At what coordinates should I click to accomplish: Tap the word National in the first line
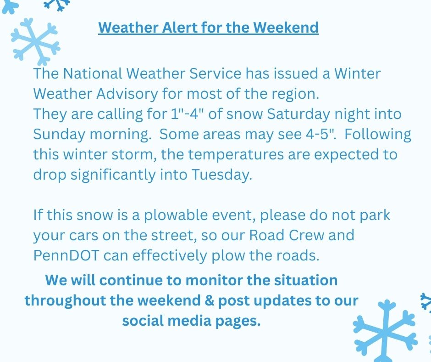click(x=93, y=74)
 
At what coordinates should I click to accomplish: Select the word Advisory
click(x=127, y=94)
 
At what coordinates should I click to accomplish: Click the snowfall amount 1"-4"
click(x=188, y=114)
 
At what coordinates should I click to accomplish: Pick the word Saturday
click(x=298, y=114)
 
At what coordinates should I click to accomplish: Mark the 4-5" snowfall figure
click(x=320, y=134)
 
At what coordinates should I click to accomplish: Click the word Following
click(x=378, y=135)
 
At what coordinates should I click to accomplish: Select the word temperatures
click(x=236, y=154)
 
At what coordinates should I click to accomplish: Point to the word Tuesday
click(x=221, y=175)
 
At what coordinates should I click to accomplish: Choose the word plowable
click(x=176, y=215)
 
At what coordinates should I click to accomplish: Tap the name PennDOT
click(x=66, y=256)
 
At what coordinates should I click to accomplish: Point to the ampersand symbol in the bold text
click(x=209, y=300)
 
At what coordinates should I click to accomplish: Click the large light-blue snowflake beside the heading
click(x=35, y=42)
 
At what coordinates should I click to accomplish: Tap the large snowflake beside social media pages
click(x=385, y=331)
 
